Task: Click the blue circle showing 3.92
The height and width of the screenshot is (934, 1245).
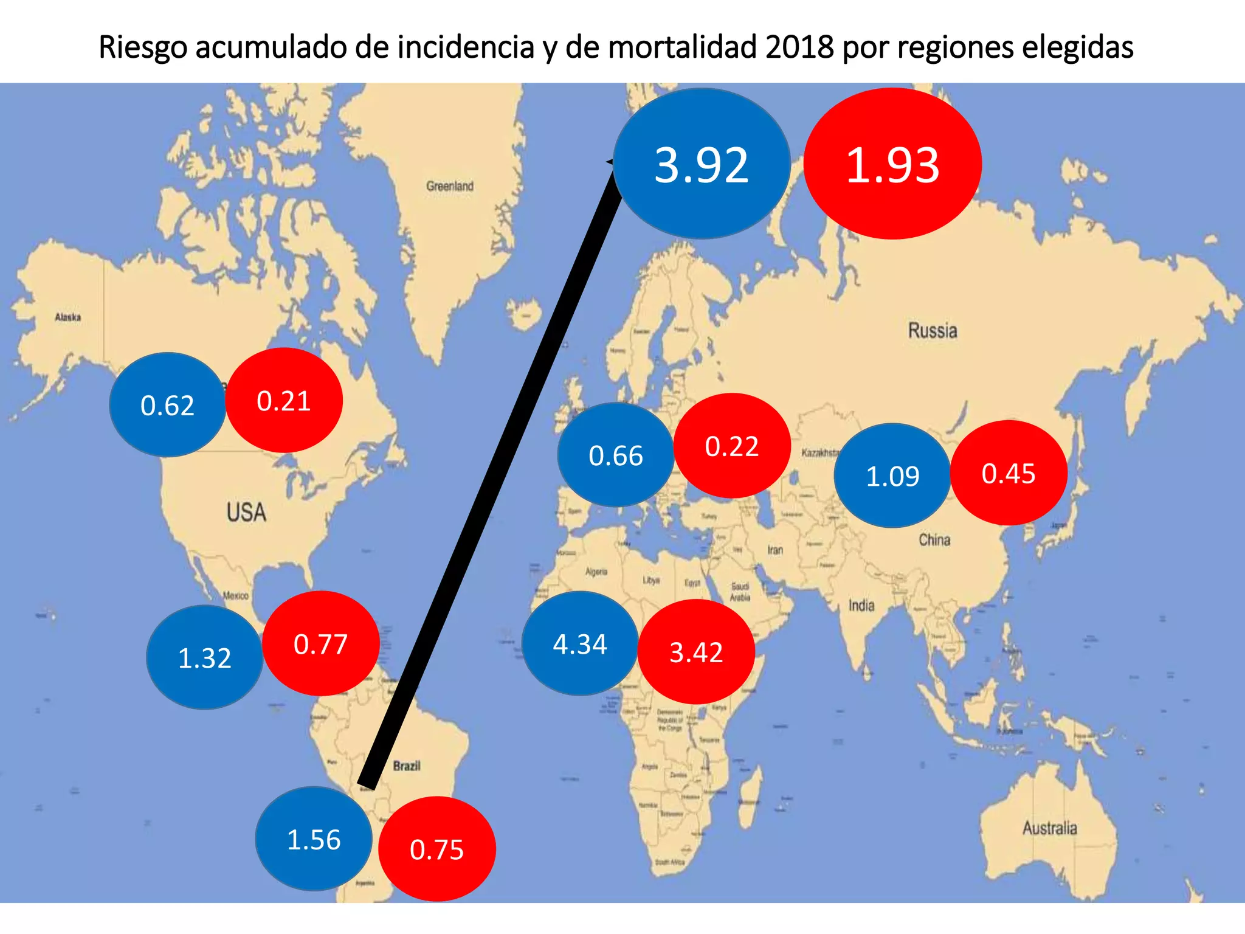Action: point(702,164)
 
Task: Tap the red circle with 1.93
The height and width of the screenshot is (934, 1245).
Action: point(892,164)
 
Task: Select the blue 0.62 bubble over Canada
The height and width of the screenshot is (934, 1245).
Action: point(167,405)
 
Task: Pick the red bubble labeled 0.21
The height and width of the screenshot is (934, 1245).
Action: point(284,401)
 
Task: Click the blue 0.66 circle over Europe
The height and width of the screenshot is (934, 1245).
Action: point(615,455)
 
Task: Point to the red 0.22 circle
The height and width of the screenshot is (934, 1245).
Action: point(732,446)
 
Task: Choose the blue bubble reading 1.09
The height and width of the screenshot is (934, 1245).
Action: point(892,476)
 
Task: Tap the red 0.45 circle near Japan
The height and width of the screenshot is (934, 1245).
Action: point(1009,473)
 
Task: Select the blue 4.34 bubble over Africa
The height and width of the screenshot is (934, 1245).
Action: point(579,644)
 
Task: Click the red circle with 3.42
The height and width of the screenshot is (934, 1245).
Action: point(696,652)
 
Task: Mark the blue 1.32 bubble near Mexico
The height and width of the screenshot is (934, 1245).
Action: point(204,657)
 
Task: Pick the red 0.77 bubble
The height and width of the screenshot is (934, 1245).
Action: point(320,644)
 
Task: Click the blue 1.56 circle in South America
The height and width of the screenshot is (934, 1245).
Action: point(313,839)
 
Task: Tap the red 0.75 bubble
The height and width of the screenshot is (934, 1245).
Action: point(436,849)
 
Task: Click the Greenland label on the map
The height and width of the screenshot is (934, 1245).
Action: point(449,186)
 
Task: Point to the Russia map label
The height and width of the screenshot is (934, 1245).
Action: point(933,331)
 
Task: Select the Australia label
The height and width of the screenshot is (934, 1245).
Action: point(1049,828)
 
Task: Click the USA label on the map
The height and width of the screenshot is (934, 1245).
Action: point(246,512)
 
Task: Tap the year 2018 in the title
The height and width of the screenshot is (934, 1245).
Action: point(799,47)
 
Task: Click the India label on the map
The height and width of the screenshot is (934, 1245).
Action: point(861,606)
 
